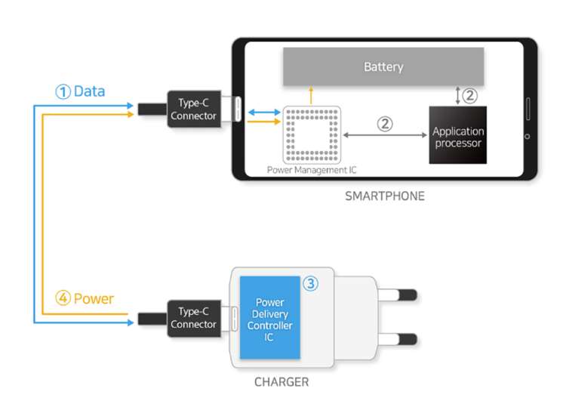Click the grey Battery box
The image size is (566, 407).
point(383,66)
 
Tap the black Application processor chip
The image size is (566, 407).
point(458,136)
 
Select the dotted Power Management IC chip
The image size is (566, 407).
point(312,134)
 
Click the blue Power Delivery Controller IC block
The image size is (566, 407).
point(269,318)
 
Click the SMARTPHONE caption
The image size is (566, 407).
point(385,196)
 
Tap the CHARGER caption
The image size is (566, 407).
point(281,382)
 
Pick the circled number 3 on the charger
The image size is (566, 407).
point(311,284)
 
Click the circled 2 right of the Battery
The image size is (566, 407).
point(470,95)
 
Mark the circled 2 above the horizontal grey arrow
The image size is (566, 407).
point(385,124)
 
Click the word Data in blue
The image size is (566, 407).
point(89,91)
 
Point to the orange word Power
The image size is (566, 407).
point(95,298)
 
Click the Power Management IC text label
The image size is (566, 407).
point(312,171)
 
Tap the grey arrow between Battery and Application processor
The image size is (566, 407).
point(457,95)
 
